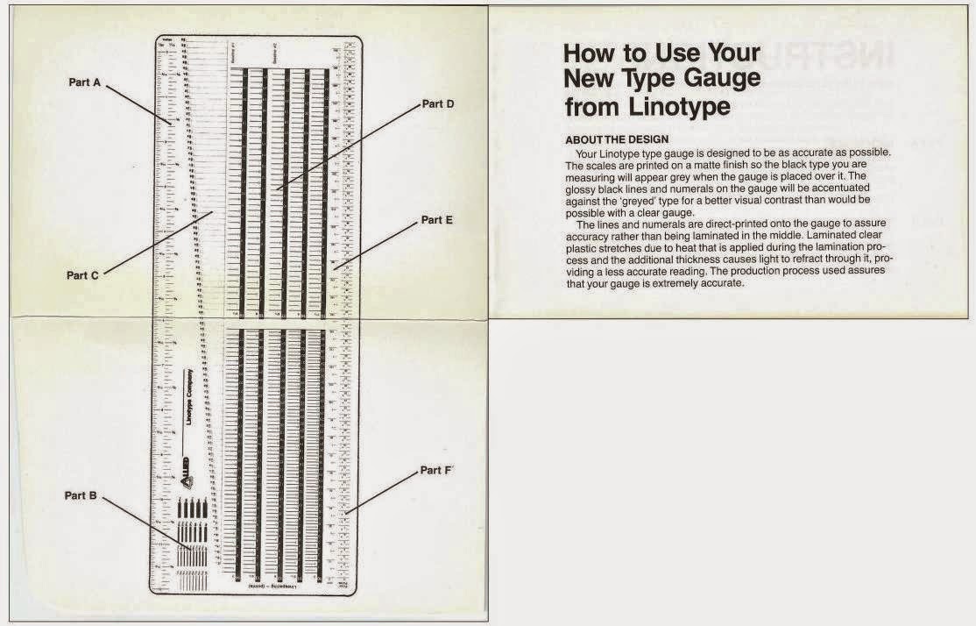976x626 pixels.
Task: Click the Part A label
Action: click(x=85, y=82)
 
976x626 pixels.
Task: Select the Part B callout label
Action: click(x=81, y=495)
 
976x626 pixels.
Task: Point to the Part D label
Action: click(x=437, y=103)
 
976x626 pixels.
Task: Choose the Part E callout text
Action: click(x=436, y=220)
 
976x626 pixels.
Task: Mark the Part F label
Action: click(x=436, y=471)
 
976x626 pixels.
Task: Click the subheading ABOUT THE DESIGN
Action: click(x=617, y=140)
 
